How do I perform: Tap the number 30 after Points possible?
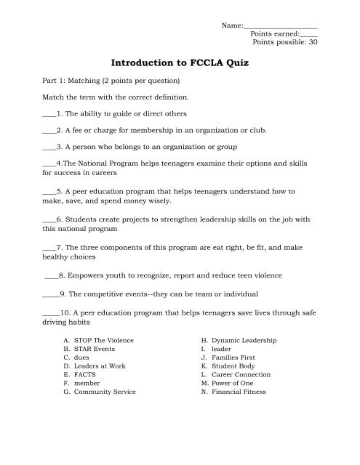(x=313, y=42)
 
